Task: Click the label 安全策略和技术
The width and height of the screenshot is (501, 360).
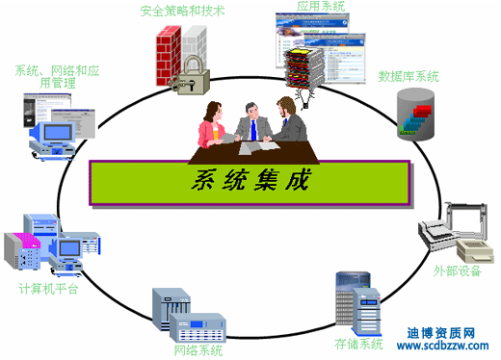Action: pos(183,12)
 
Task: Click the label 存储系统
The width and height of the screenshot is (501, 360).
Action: pos(358,344)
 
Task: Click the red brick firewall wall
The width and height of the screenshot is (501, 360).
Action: pos(171,54)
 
